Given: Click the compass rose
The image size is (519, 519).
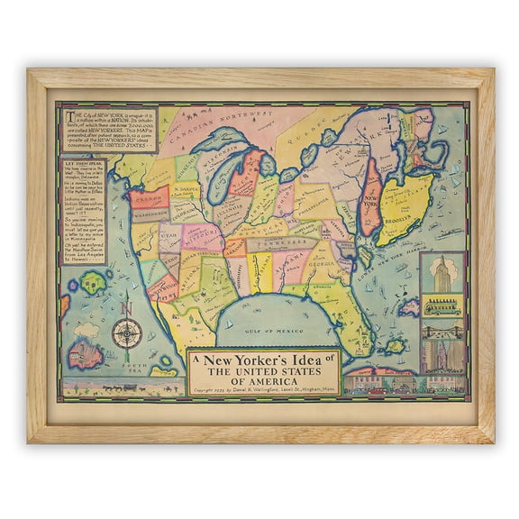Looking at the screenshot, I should click(x=127, y=335).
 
